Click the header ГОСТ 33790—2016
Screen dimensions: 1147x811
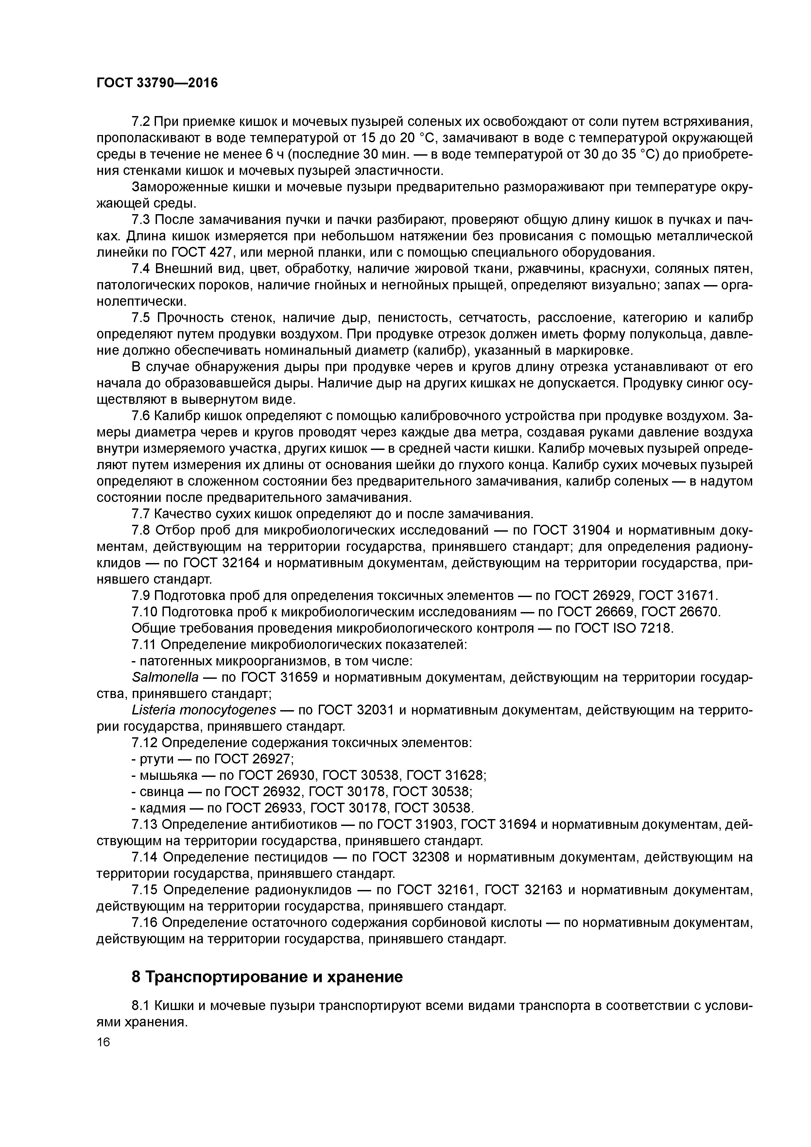(157, 83)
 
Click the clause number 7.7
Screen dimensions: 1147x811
(141, 514)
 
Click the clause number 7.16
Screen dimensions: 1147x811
(145, 922)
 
